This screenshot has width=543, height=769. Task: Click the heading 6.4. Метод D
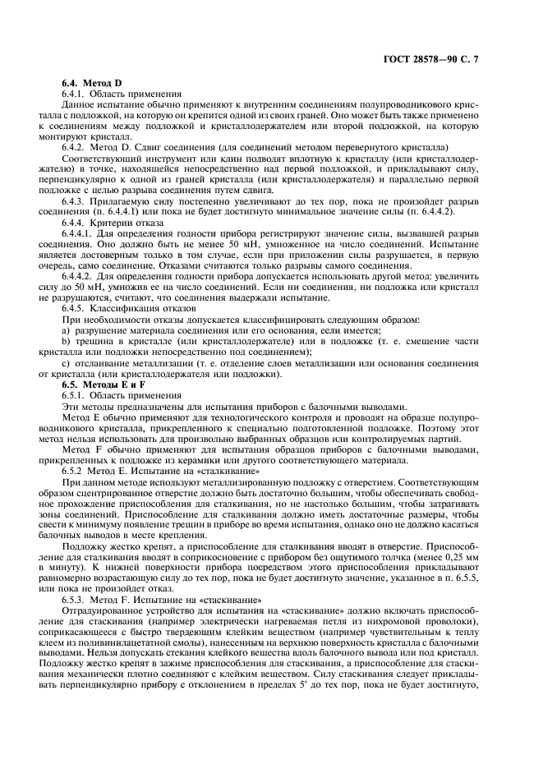92,84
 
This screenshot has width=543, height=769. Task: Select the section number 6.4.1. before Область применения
76,94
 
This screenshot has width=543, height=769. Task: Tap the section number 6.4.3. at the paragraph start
76,200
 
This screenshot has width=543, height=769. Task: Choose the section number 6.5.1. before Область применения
76,394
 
